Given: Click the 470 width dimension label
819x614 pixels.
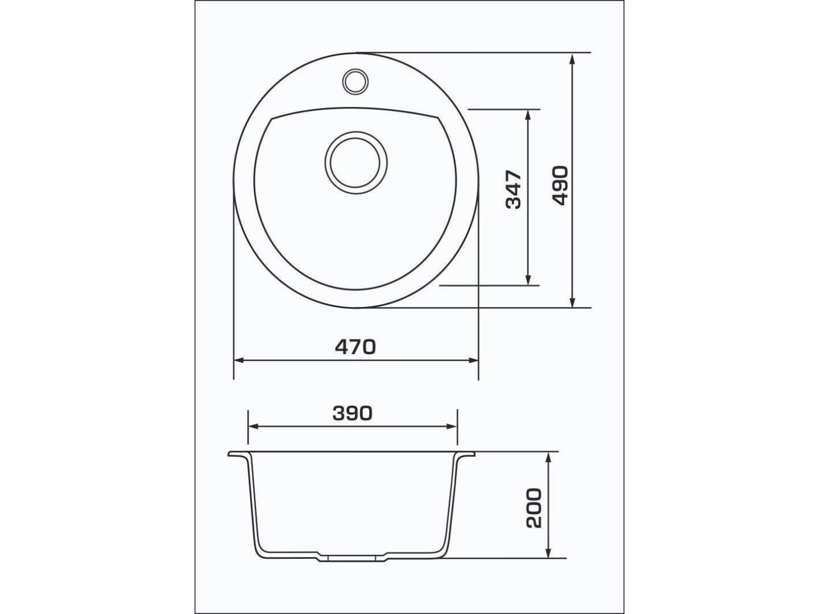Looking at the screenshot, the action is click(x=355, y=347).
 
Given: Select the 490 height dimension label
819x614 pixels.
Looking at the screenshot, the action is click(x=560, y=186).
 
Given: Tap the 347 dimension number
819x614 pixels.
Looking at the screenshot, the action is click(x=513, y=189).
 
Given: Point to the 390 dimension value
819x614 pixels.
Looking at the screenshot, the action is click(x=352, y=413).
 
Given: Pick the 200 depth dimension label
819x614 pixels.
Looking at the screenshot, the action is click(x=533, y=508).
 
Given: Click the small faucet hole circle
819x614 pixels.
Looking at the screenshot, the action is click(x=355, y=81).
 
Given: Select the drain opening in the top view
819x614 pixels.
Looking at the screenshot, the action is click(x=355, y=163).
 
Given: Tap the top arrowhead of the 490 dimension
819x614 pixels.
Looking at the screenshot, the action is click(x=572, y=59).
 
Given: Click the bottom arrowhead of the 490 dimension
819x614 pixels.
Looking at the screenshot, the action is click(x=572, y=301).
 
